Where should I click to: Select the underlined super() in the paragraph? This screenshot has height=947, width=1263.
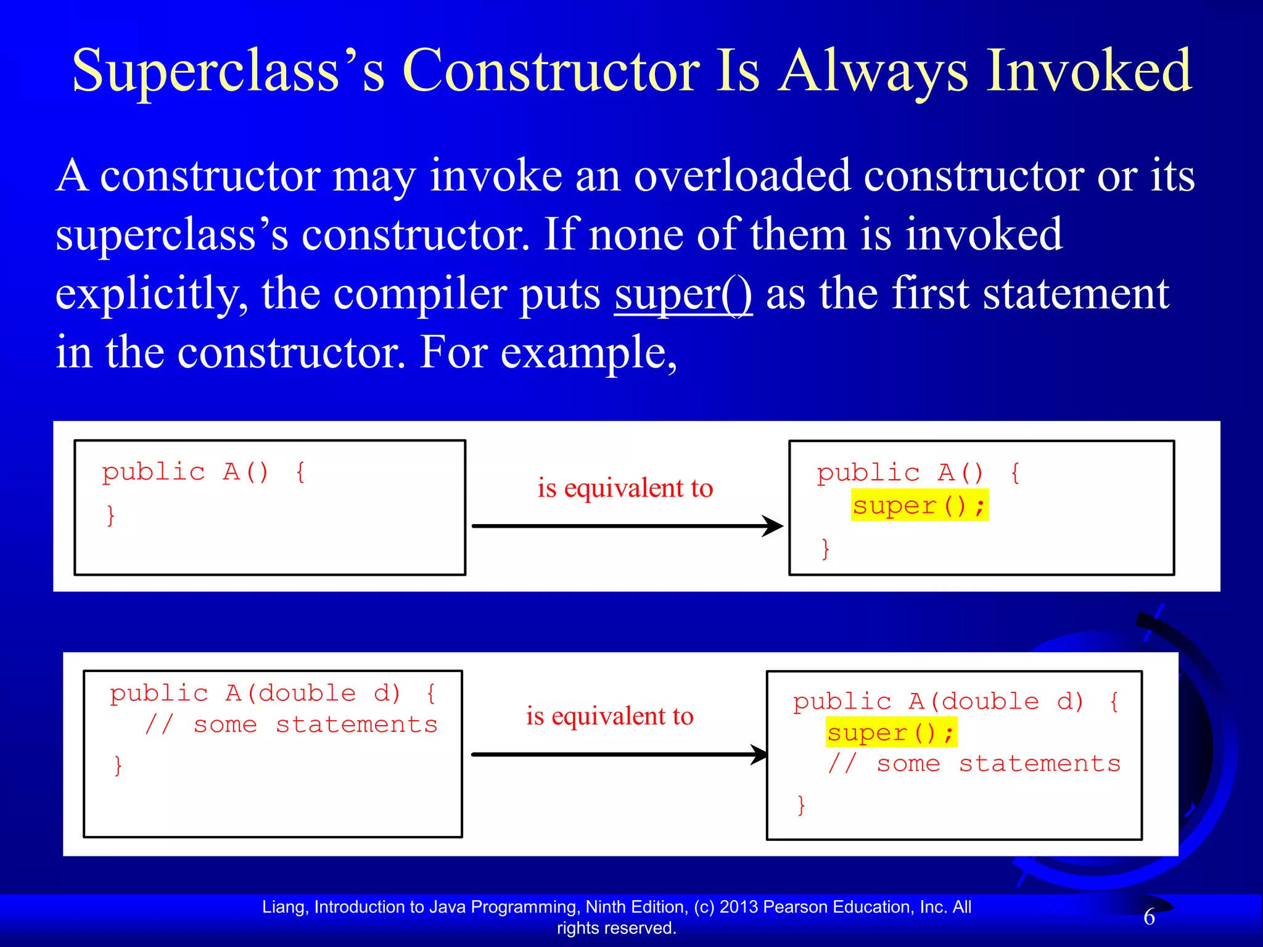tap(683, 294)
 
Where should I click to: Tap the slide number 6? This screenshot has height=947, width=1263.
tap(1149, 917)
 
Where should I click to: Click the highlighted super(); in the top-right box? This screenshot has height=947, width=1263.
tap(919, 506)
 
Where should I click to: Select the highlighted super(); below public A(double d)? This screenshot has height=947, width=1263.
tap(891, 732)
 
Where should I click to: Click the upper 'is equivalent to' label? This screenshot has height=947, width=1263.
tap(625, 488)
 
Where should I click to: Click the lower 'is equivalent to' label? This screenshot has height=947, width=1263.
tap(609, 716)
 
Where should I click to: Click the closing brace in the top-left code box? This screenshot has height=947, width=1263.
tap(111, 515)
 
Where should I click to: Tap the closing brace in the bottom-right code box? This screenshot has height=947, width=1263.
tap(801, 805)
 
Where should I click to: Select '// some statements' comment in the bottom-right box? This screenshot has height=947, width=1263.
tap(973, 764)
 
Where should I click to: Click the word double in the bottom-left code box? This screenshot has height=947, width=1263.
tap(306, 694)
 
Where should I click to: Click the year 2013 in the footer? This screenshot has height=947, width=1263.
tap(739, 907)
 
